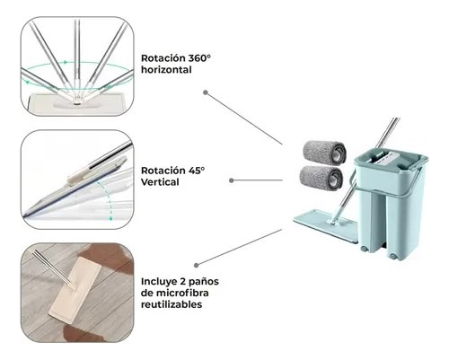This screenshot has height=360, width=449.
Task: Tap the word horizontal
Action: coord(166,70)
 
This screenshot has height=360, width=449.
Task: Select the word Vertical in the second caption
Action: coord(160,182)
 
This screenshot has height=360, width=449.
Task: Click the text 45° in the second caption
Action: coord(197,171)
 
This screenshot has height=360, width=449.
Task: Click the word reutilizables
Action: coord(172,304)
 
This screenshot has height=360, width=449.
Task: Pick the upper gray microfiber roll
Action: coord(324,152)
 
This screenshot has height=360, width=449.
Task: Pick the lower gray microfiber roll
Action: coord(321,178)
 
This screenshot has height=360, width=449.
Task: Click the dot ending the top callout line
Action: coord(206,92)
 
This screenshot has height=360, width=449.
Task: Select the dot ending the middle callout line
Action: coord(232,180)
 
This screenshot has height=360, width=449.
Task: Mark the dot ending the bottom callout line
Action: coord(197,265)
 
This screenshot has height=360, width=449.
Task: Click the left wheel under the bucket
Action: coord(364,249)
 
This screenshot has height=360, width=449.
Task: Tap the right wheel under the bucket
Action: coord(392,255)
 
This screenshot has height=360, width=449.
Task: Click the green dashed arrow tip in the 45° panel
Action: coord(110,219)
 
